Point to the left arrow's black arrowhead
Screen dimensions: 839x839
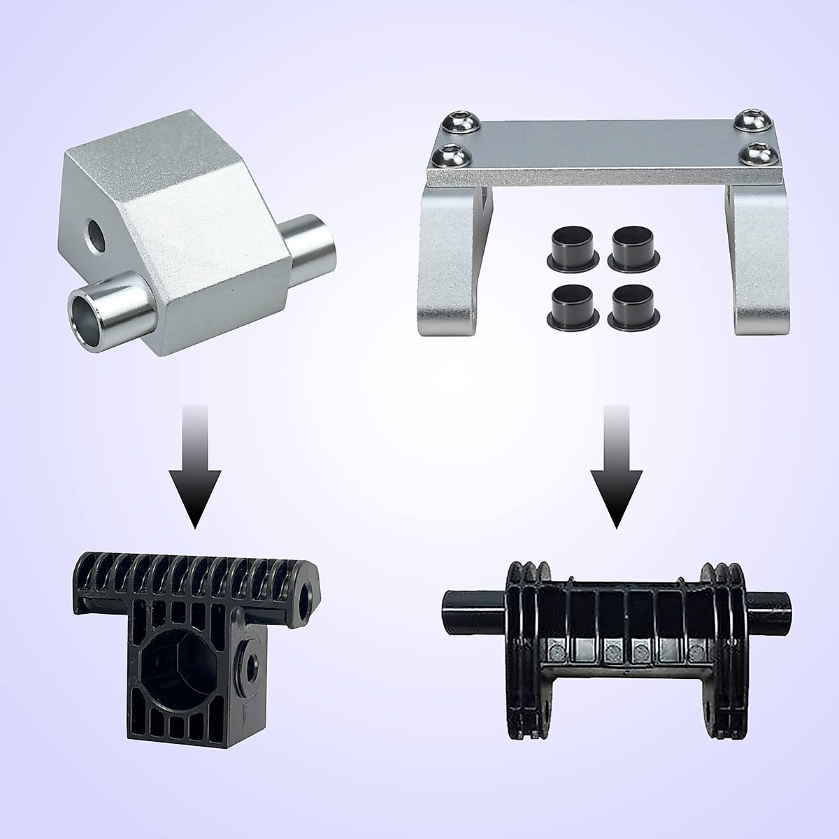[x=195, y=496]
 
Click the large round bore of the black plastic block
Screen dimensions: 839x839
[x=178, y=671]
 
